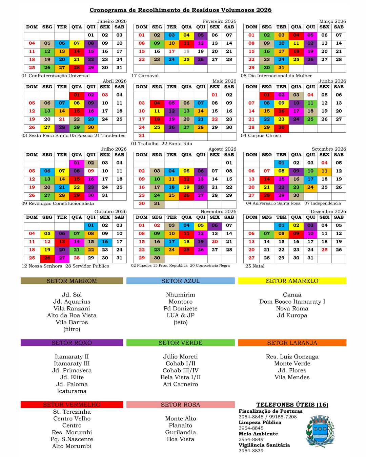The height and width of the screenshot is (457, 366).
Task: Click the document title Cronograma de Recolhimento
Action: pyautogui.click(x=180, y=10)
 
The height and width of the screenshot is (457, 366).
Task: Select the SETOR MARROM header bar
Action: pyautogui.click(x=72, y=281)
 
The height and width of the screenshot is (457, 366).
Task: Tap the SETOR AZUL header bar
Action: pyautogui.click(x=180, y=281)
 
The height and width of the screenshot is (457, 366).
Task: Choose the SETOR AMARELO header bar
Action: pyautogui.click(x=292, y=281)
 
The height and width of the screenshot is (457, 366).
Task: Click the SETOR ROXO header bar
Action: pyautogui.click(x=72, y=343)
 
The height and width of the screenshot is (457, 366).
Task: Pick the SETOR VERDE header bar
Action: pyautogui.click(x=180, y=343)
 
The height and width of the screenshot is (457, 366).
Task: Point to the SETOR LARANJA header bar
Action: pyautogui.click(x=292, y=343)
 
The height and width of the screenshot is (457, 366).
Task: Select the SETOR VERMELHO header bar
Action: pyautogui.click(x=72, y=405)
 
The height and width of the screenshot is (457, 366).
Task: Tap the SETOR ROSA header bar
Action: pyautogui.click(x=180, y=405)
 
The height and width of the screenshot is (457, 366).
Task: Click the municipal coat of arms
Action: pyautogui.click(x=320, y=431)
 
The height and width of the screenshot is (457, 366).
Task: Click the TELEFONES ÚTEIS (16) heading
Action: pyautogui.click(x=292, y=405)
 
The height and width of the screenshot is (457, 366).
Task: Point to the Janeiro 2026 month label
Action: pyautogui.click(x=111, y=21)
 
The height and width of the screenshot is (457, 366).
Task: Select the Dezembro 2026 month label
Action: pyautogui.click(x=328, y=212)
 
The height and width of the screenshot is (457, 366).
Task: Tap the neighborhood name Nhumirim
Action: pyautogui.click(x=180, y=295)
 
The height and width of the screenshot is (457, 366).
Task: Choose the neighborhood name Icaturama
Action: pyautogui.click(x=72, y=391)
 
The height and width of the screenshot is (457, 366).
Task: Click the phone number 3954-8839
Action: pyautogui.click(x=251, y=451)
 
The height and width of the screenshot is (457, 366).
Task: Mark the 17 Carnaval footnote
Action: pyautogui.click(x=145, y=76)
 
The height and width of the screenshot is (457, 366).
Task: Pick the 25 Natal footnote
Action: pyautogui.click(x=255, y=266)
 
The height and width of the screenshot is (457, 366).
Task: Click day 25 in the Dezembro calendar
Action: pyautogui.click(x=324, y=250)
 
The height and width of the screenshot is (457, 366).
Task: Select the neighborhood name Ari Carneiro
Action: pyautogui.click(x=180, y=384)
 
